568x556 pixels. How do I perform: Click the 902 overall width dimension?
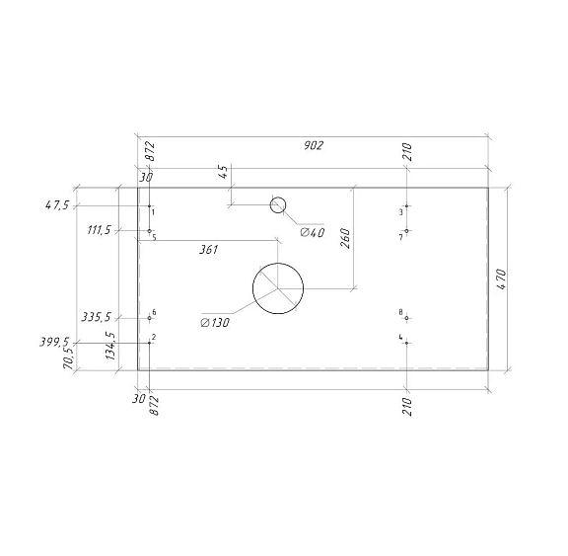314,145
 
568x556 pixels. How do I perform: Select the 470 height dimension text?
502,278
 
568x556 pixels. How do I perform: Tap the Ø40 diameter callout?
313,232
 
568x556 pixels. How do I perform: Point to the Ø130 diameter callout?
215,322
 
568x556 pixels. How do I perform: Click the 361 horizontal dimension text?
209,250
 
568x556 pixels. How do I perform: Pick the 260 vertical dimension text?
345,238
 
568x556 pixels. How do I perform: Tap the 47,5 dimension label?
57,205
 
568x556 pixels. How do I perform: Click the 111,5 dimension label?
99,230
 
